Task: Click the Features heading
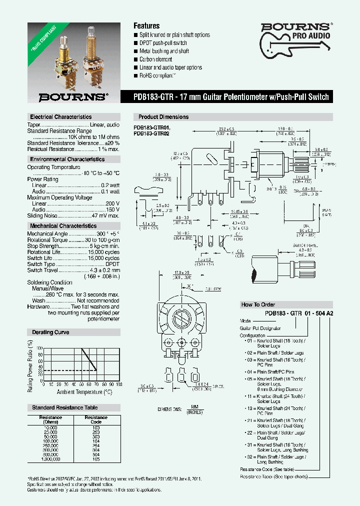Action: pyautogui.click(x=146, y=25)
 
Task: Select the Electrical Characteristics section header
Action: pyautogui.click(x=60, y=116)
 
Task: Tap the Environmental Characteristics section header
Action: pyautogui.click(x=67, y=159)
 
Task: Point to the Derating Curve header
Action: pyautogui.click(x=50, y=332)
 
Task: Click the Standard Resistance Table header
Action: pyautogui.click(x=65, y=407)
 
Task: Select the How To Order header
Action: pyautogui.click(x=258, y=304)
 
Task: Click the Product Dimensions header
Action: pyautogui.click(x=163, y=117)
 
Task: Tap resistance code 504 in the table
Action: pyautogui.click(x=95, y=454)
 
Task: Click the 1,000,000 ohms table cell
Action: pyautogui.click(x=50, y=459)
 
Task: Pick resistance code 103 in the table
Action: pyautogui.click(x=95, y=428)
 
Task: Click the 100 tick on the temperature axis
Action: pyautogui.click(x=118, y=384)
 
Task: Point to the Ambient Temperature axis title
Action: pyautogui.click(x=84, y=392)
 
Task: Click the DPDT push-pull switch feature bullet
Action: pyautogui.click(x=163, y=43)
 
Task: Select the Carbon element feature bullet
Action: pyautogui.click(x=156, y=59)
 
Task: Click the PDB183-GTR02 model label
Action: pyautogui.click(x=152, y=133)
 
